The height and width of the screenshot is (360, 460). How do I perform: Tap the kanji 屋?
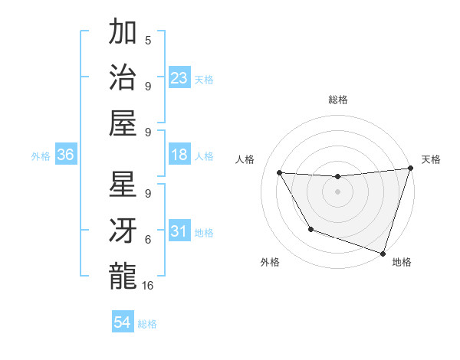tap(123, 123)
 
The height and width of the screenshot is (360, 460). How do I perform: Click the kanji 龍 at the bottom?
tap(123, 275)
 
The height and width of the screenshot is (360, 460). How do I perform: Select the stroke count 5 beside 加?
tap(148, 41)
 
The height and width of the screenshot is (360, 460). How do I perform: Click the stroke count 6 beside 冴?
tap(148, 239)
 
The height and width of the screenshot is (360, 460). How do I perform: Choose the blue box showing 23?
tap(179, 78)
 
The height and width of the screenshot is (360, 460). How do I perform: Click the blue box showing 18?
tap(179, 155)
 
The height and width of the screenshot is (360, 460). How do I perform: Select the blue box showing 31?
tap(179, 231)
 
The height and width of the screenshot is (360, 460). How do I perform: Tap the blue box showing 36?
tap(65, 155)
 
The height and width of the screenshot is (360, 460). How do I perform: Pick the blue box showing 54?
tap(123, 322)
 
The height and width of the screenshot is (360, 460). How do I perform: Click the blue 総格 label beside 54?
tap(147, 324)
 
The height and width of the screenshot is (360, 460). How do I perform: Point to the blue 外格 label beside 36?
tap(41, 156)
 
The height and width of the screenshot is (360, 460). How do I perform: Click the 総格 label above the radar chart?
tap(337, 100)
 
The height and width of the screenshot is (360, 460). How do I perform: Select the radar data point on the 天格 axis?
tap(410, 169)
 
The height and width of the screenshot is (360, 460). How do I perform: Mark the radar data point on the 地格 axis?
tap(383, 253)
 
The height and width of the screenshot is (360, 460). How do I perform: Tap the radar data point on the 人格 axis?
tap(280, 173)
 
